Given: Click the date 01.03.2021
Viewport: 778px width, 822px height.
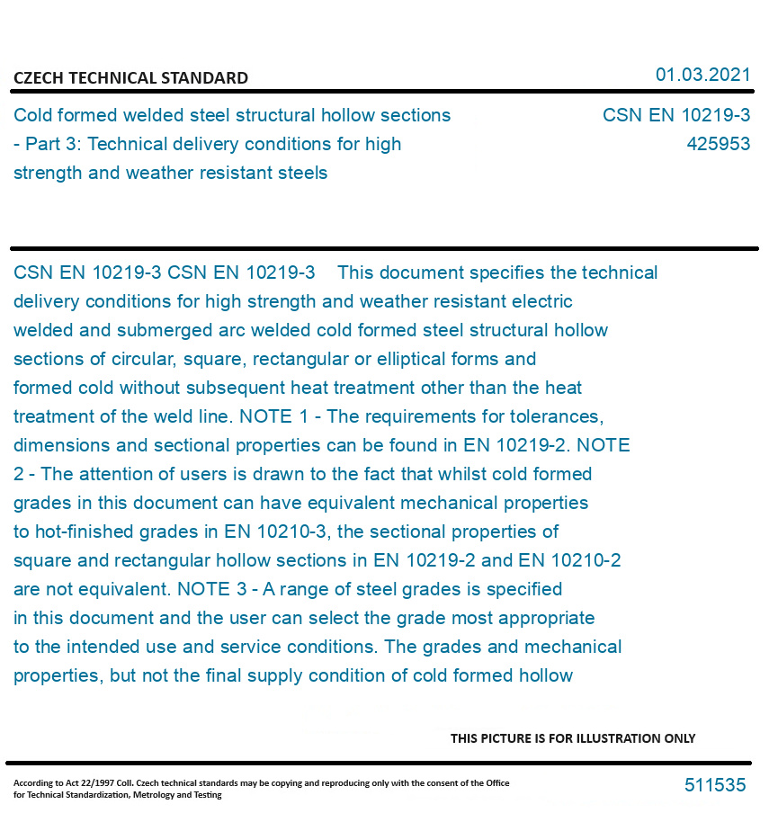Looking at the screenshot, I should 702,75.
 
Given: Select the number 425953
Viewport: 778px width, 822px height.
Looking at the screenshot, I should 718,144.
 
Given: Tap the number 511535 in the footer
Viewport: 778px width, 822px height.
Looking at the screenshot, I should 715,785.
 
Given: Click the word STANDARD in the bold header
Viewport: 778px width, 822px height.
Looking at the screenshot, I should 204,78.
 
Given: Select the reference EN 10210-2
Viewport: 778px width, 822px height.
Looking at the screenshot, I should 569,560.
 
